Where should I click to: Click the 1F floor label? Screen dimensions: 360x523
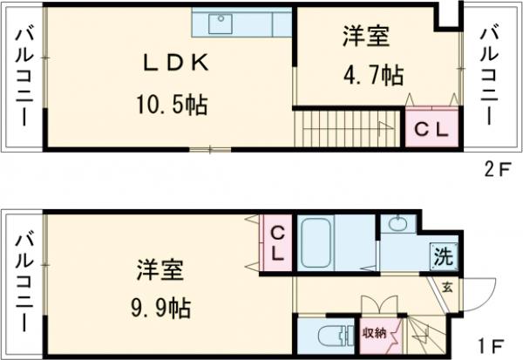(x=492, y=343)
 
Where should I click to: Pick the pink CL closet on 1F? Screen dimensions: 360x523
(x=278, y=243)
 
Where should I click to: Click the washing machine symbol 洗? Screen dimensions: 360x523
(x=442, y=257)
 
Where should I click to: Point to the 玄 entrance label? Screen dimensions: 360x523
(x=446, y=286)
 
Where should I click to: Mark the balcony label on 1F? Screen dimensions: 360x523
(x=22, y=279)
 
